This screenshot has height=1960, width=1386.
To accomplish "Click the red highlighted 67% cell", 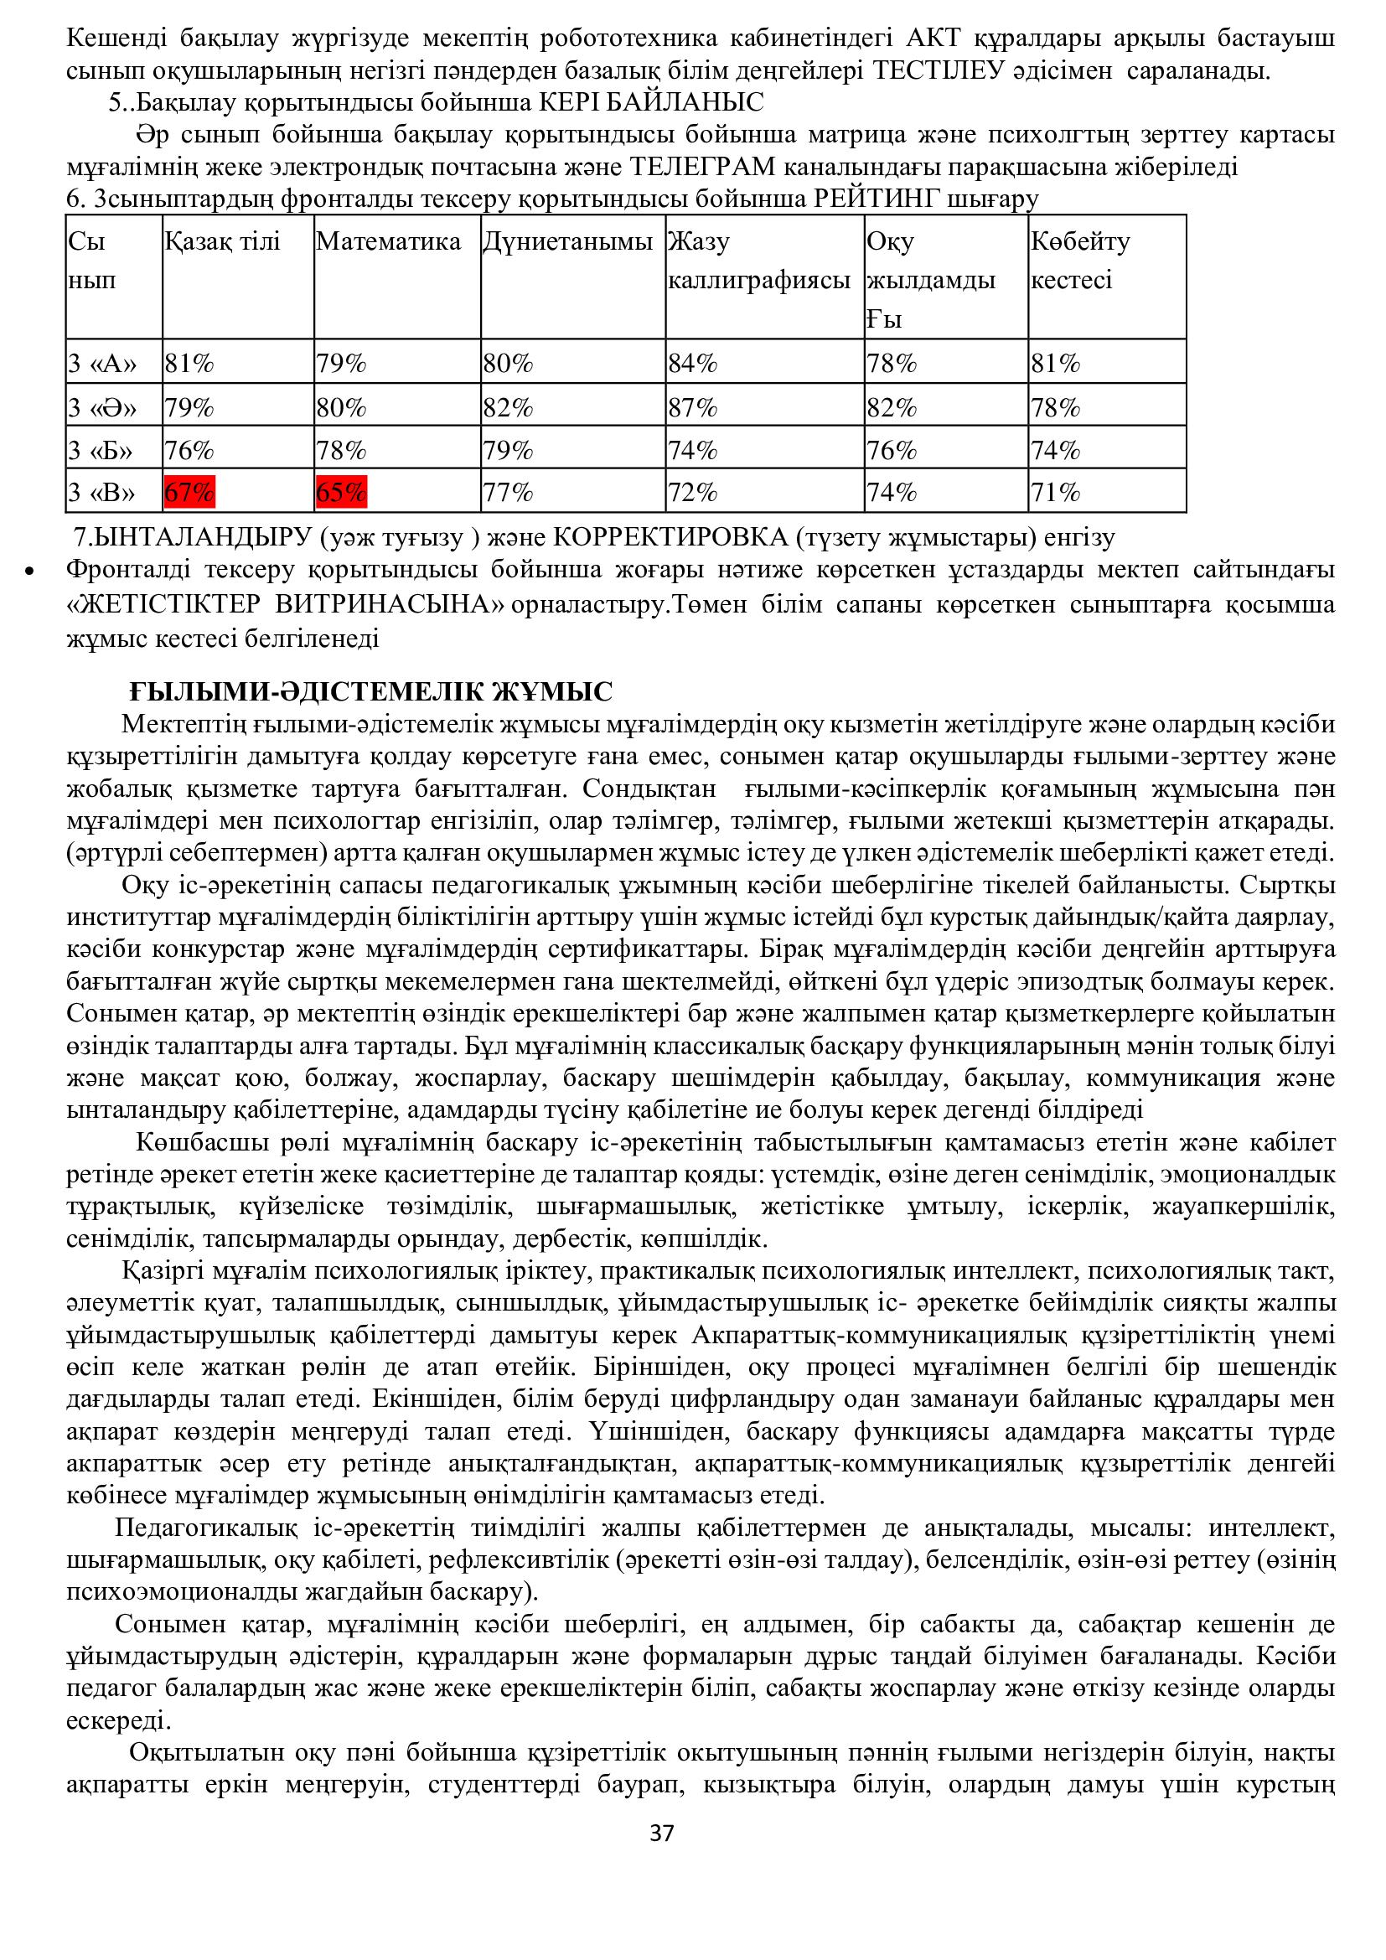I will coord(189,493).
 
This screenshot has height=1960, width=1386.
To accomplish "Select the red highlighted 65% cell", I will coord(341,493).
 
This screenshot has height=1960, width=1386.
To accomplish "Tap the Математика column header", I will coord(388,241).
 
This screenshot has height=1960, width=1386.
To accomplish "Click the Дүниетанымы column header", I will coord(567,241).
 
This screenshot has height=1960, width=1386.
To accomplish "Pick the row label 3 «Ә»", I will coord(102,407).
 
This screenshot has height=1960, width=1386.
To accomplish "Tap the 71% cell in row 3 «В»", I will coord(1055,493).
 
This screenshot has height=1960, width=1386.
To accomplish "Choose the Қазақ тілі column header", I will coord(222,241).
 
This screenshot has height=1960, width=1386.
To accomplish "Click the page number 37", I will coord(662,1833).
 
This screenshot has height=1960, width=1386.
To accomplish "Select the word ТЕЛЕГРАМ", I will coord(701,167).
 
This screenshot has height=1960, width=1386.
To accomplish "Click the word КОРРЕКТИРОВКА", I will coord(671,537).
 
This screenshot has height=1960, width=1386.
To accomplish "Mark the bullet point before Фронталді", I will coord(30,571).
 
